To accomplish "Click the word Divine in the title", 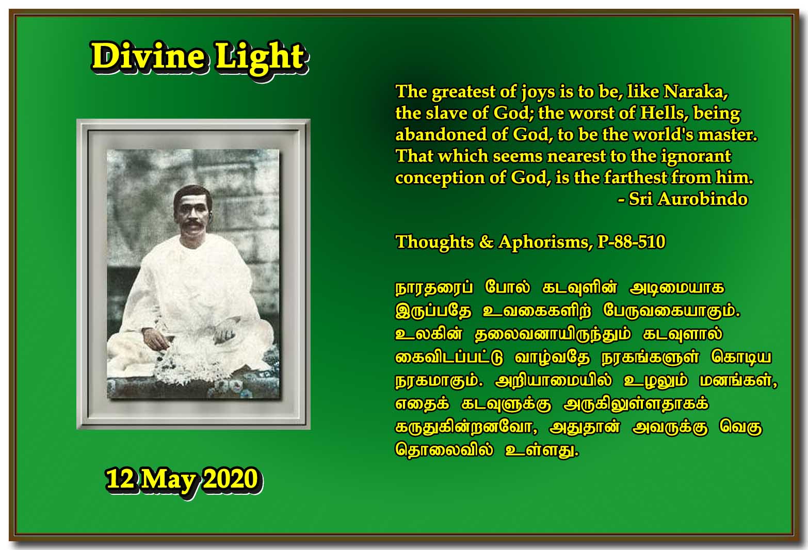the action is click(x=149, y=56).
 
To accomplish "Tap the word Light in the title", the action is click(x=261, y=58).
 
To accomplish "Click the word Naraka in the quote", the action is click(x=696, y=92).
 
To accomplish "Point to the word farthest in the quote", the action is click(x=636, y=177).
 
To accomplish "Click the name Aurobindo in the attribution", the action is click(x=703, y=199).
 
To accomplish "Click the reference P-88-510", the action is click(x=631, y=241).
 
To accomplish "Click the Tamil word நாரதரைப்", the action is click(x=434, y=288).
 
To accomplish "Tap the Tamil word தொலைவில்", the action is click(x=444, y=450).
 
